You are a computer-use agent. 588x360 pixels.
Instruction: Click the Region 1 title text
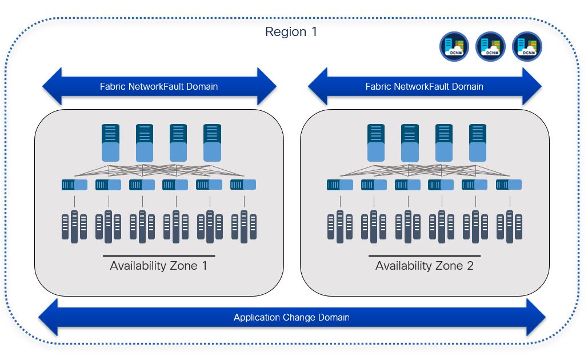tap(291, 32)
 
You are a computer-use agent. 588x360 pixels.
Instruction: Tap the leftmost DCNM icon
tap(454, 46)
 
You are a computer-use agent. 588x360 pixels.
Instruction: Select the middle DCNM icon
tap(491, 46)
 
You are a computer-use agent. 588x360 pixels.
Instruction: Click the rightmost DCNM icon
tap(527, 46)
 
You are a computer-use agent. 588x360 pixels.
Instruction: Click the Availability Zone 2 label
tap(425, 266)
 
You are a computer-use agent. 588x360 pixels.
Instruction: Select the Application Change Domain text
tap(291, 317)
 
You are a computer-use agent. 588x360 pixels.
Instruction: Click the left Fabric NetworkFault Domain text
tap(159, 87)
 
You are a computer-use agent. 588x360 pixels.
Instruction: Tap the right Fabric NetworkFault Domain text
tap(425, 87)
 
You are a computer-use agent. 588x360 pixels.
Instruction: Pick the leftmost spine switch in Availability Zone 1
tap(111, 143)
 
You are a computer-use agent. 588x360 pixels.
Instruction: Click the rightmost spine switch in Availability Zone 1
tap(212, 143)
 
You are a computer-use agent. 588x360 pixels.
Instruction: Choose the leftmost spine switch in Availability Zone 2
tap(376, 143)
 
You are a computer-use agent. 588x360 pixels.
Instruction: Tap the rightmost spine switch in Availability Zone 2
tap(478, 143)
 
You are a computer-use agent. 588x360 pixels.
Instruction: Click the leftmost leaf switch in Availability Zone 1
tap(74, 185)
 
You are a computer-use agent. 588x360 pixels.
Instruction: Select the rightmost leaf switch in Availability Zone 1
tap(243, 185)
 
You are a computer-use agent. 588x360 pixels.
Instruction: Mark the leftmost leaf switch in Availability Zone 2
tap(339, 185)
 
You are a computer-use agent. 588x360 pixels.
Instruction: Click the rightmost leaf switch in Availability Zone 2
tap(509, 185)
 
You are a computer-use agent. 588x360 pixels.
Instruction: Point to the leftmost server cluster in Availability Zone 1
tap(74, 226)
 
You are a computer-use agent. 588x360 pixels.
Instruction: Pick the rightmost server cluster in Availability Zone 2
tap(509, 226)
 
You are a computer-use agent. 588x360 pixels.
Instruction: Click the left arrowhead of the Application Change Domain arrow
tap(49, 317)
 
